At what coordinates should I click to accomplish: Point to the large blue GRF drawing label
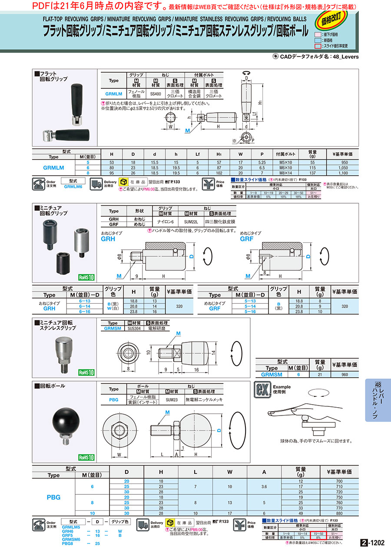tap(246, 239)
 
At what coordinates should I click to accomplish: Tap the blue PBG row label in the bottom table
tap(53, 496)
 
